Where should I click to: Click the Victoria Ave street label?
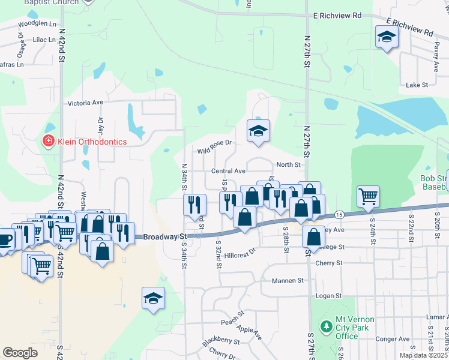(x=86, y=103)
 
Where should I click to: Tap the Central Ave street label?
(x=228, y=171)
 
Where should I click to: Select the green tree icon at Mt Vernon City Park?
(x=327, y=328)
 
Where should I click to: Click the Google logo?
(x=20, y=352)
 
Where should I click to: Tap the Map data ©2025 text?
(x=424, y=355)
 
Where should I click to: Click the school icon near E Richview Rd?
(x=387, y=38)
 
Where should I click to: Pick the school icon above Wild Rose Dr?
(x=258, y=131)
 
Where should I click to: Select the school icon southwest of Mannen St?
(x=153, y=298)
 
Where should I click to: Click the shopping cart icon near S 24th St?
(x=368, y=195)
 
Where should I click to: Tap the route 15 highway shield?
(x=340, y=214)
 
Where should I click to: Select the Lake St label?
(x=417, y=85)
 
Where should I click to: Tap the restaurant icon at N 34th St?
(x=194, y=204)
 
